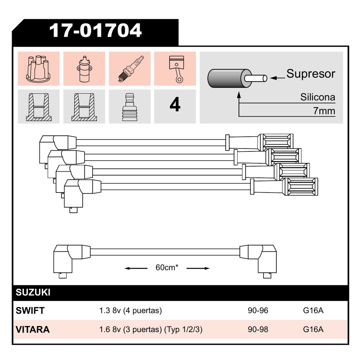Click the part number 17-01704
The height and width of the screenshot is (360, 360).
pyautogui.click(x=95, y=30)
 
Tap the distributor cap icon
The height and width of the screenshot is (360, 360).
pyautogui.click(x=38, y=69)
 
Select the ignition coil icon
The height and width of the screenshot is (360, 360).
pyautogui.click(x=84, y=69)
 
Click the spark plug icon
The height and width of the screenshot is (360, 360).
pyautogui.click(x=131, y=69)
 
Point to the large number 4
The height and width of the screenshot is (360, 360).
pyautogui.click(x=175, y=104)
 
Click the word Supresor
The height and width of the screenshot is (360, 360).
pyautogui.click(x=311, y=74)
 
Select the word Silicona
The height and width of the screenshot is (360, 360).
pyautogui.click(x=318, y=97)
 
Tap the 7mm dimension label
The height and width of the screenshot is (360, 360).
pyautogui.click(x=324, y=111)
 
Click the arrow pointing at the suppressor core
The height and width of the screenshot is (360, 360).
pyautogui.click(x=277, y=78)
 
